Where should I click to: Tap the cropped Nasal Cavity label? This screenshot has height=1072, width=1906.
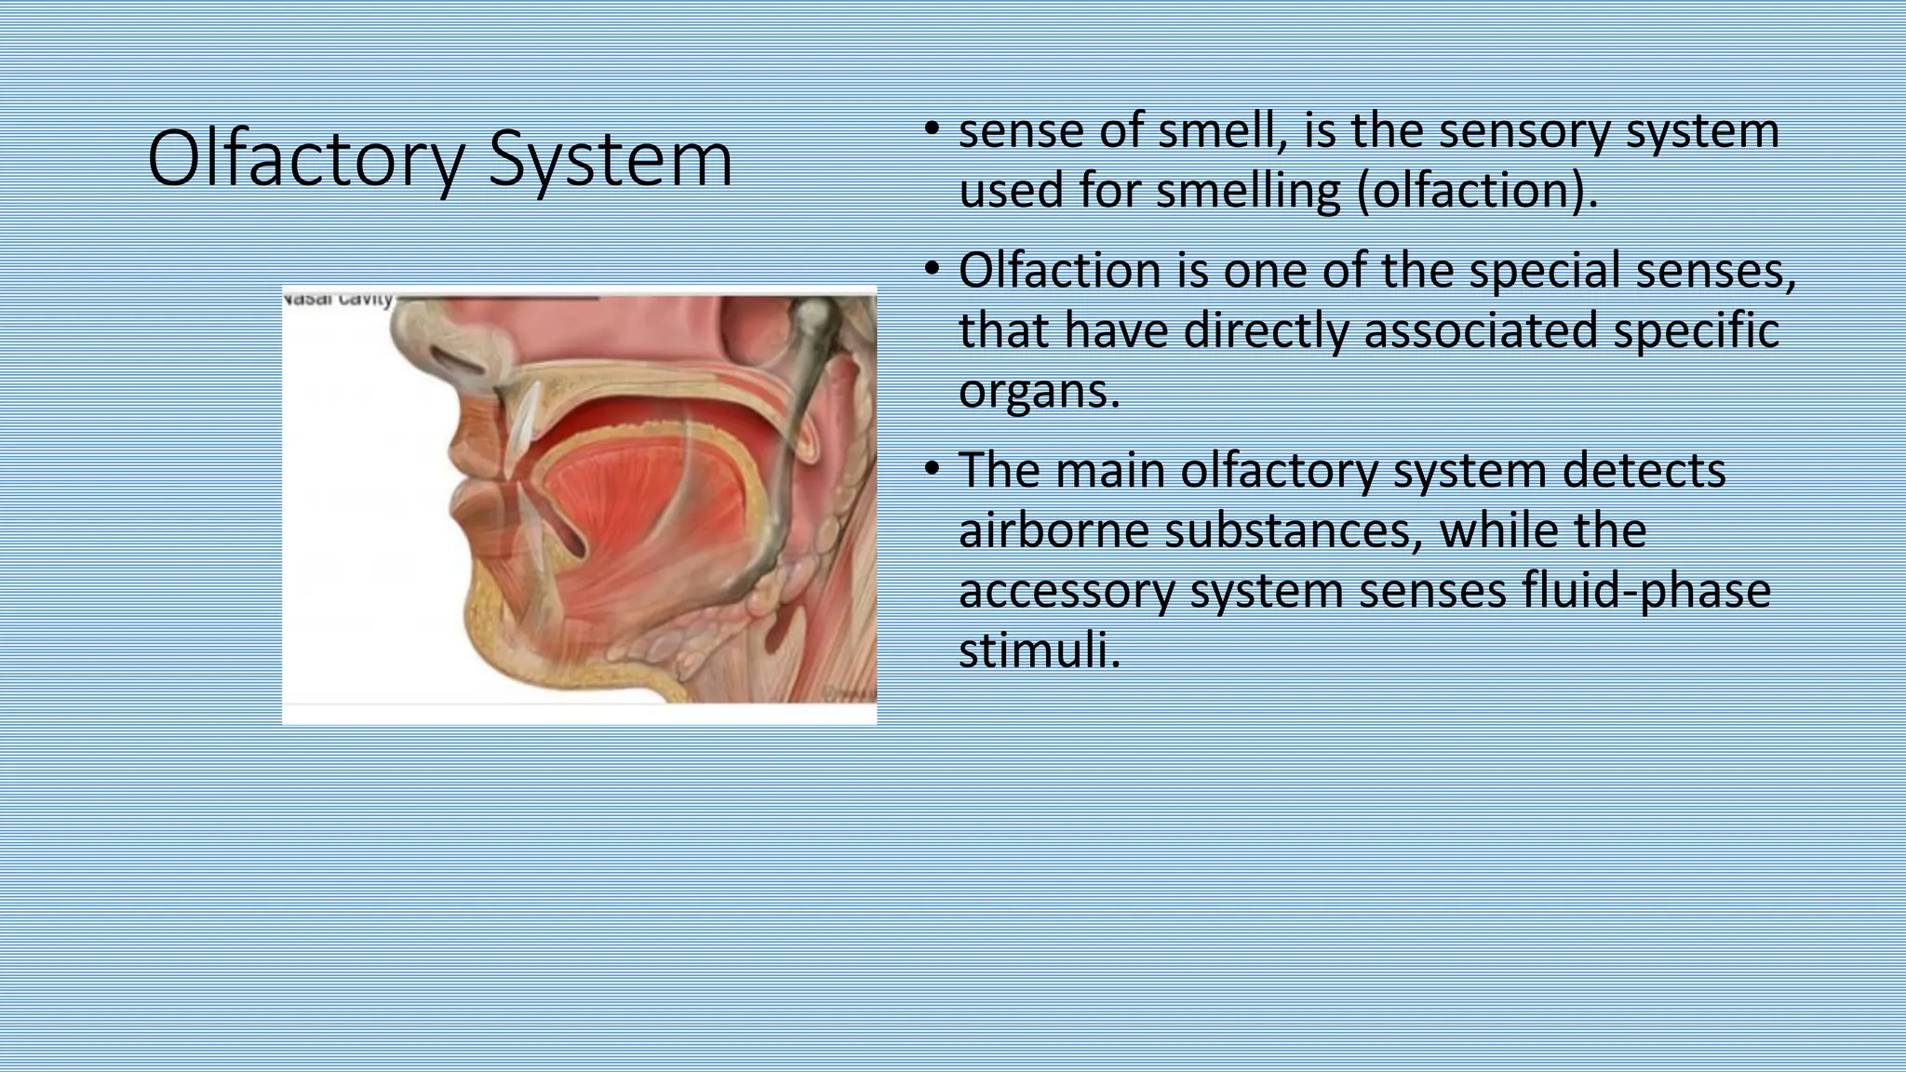coord(338,299)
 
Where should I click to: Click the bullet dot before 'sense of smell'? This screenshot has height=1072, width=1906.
coord(932,128)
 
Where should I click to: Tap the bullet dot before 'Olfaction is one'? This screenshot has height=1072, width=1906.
coord(932,269)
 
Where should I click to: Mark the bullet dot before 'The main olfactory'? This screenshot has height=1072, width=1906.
coord(932,468)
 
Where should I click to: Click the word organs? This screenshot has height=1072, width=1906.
coord(1039,391)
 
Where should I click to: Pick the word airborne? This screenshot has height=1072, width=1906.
coord(1053,530)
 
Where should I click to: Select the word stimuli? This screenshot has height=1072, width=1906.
coord(1039,650)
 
